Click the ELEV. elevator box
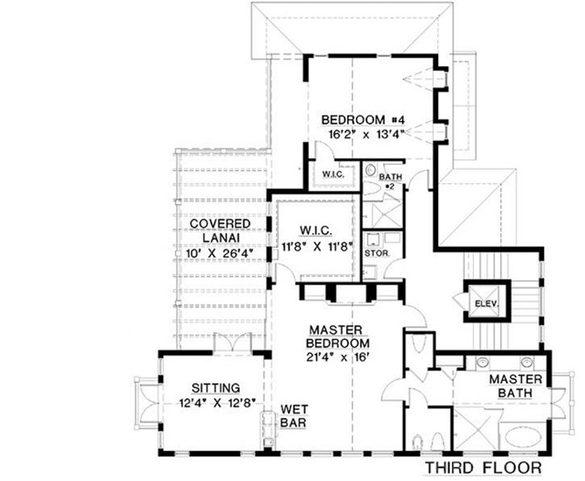(x=484, y=303)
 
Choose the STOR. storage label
(x=376, y=253)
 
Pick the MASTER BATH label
(x=517, y=386)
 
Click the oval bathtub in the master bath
(x=525, y=439)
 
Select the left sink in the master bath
(x=482, y=362)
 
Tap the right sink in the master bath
(x=527, y=362)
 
